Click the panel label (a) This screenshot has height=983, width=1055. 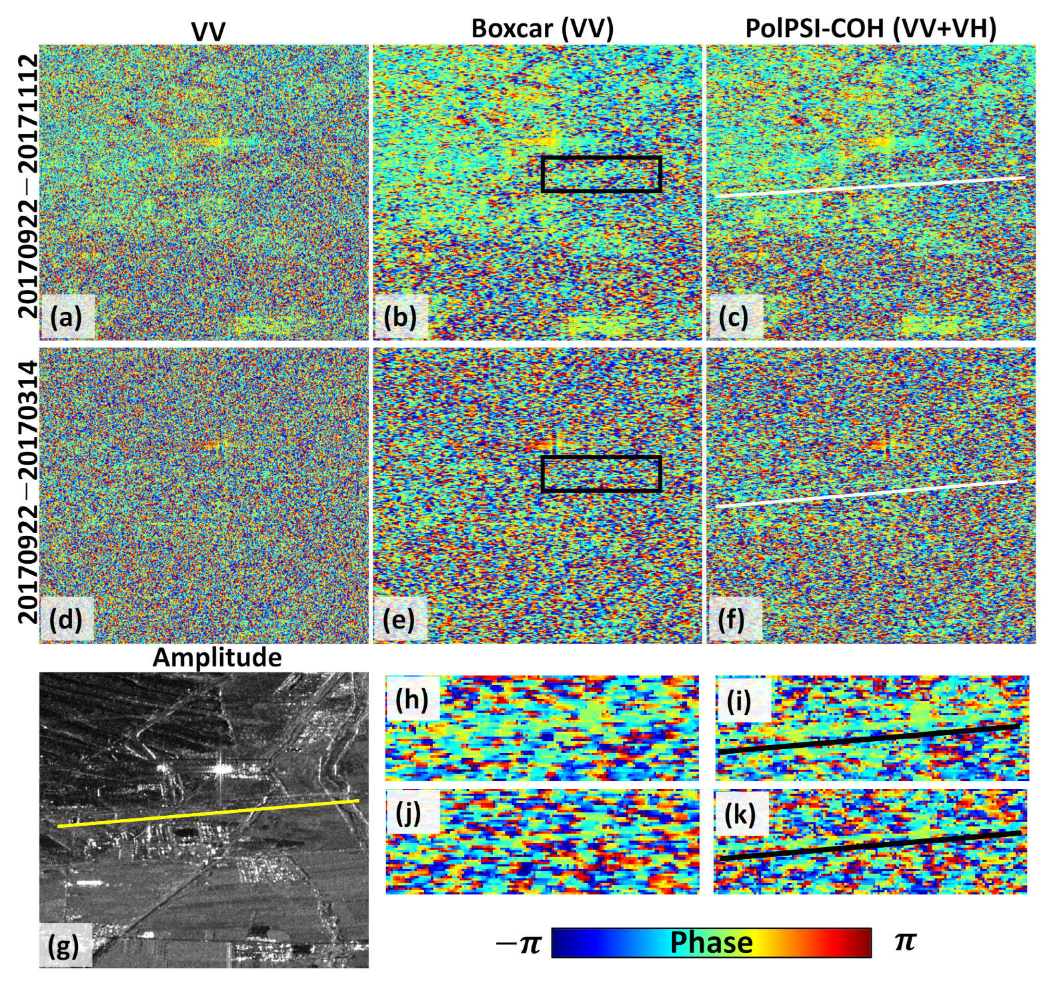65,317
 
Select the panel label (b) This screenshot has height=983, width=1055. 399,317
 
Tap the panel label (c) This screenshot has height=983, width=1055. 733,317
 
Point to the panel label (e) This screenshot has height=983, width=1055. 399,619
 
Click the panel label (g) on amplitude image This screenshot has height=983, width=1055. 65,944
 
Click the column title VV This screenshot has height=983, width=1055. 207,30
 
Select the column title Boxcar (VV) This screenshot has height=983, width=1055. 542,28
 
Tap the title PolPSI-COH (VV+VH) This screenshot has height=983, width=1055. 870,28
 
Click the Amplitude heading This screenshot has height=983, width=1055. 217,657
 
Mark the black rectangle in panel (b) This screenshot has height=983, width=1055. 601,158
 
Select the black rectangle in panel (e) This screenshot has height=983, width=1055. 601,458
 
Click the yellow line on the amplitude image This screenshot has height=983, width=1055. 208,814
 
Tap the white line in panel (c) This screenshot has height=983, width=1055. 870,187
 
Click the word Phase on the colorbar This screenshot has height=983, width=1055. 711,942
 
